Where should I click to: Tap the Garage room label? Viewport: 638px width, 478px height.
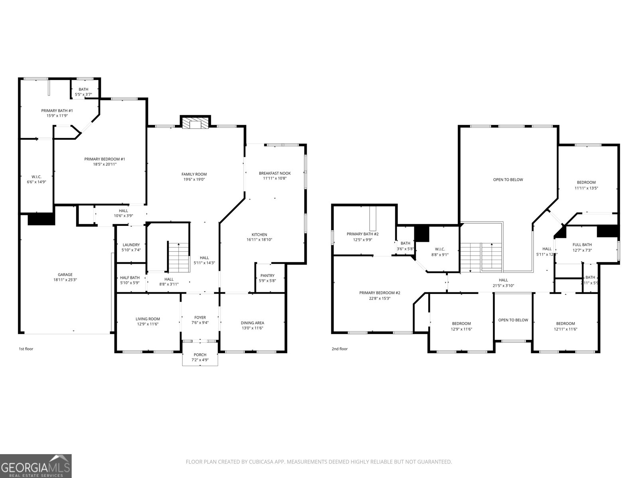[x=65, y=274]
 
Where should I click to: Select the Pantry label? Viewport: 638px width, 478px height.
[x=267, y=275]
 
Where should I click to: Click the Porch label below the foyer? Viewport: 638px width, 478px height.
[x=200, y=355]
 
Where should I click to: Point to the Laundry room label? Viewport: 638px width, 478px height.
[x=131, y=245]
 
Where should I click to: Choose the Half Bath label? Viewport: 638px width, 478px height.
[x=130, y=278]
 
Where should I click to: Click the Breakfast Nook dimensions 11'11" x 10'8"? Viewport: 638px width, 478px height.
[x=275, y=178]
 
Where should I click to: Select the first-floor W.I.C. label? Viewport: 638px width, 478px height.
[x=37, y=176]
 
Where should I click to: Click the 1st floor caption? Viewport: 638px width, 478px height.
[x=26, y=349]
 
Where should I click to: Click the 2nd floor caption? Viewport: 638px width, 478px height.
[x=340, y=349]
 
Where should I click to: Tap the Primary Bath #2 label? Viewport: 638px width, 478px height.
[x=362, y=234]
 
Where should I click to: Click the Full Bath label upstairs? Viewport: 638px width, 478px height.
[x=582, y=245]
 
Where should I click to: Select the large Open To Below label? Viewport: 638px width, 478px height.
[x=508, y=180]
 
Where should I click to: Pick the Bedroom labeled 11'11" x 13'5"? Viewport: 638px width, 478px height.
[x=586, y=182]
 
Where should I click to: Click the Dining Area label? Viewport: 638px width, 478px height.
[x=252, y=323]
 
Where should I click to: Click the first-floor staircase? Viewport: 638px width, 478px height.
[x=178, y=257]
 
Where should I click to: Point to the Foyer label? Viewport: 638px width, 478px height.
[x=200, y=317]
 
